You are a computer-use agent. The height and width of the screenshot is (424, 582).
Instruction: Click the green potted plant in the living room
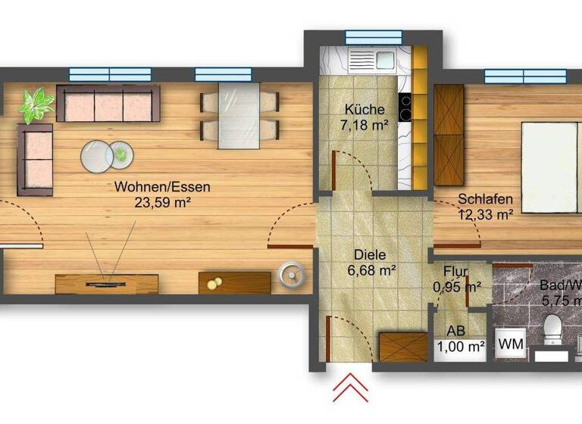pyautogui.click(x=35, y=104)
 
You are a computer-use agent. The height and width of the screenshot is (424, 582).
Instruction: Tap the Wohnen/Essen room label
pyautogui.click(x=162, y=187)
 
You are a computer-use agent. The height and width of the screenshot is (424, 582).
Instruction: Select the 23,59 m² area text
pyautogui.click(x=162, y=202)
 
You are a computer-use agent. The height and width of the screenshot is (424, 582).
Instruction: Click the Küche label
pyautogui.click(x=359, y=109)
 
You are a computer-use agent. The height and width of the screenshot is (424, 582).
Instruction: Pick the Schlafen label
pyautogui.click(x=485, y=200)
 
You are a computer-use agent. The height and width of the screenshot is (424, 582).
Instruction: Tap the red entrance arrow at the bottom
pyautogui.click(x=350, y=388)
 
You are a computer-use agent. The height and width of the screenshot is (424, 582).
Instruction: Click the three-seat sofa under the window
pyautogui.click(x=108, y=104)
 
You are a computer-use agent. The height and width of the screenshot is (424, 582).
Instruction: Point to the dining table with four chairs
pyautogui.click(x=239, y=117)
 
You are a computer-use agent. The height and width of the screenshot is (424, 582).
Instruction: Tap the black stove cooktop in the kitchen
pyautogui.click(x=405, y=107)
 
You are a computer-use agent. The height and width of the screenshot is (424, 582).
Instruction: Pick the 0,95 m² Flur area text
pyautogui.click(x=458, y=286)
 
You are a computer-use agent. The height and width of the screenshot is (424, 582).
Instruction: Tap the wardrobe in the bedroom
pyautogui.click(x=448, y=134)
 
